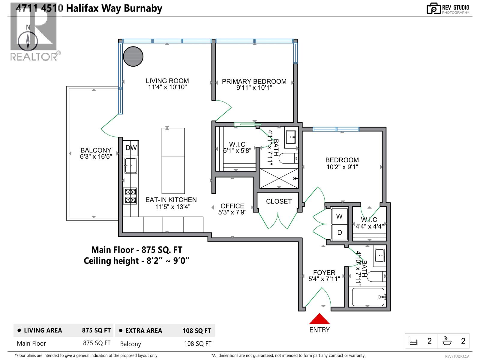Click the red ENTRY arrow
(319, 319)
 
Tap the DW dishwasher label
(131, 148)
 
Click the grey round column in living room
(133, 56)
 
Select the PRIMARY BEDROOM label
(254, 81)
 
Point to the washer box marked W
(339, 216)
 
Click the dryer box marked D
(339, 232)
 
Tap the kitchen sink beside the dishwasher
(131, 165)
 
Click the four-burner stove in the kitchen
(130, 196)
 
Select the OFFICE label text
(232, 206)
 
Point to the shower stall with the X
(279, 178)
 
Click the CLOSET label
(279, 201)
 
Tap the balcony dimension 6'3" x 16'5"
(96, 157)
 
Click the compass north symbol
(28, 41)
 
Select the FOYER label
(324, 272)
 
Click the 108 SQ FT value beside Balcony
(197, 344)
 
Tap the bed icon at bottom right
(413, 341)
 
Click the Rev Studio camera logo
(434, 8)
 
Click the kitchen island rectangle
(173, 160)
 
